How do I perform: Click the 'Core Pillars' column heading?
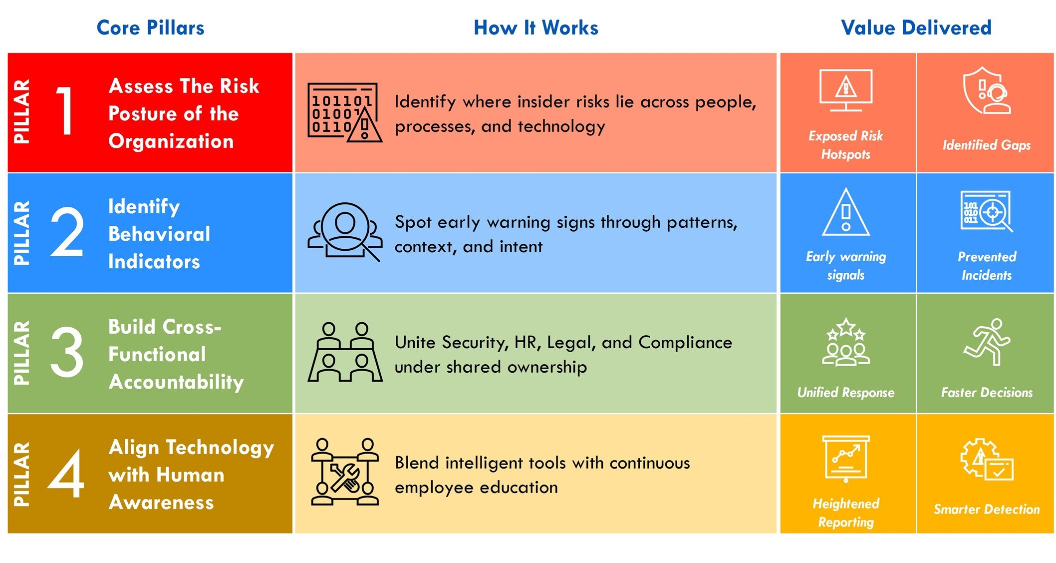click(150, 27)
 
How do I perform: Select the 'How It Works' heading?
click(535, 27)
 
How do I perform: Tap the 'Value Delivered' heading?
click(916, 27)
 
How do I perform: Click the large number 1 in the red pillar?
click(65, 111)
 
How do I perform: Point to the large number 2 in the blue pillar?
click(67, 232)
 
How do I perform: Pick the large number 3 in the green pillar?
click(67, 352)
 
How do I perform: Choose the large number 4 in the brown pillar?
click(66, 473)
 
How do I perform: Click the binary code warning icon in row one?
click(345, 112)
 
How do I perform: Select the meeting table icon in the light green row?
click(345, 352)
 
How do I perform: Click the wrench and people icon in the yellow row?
click(345, 472)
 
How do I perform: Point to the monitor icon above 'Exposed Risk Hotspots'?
click(846, 90)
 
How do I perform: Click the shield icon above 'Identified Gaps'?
click(987, 91)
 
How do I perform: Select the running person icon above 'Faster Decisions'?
click(987, 342)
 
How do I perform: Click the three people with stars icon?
click(846, 342)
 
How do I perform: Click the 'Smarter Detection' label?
click(987, 509)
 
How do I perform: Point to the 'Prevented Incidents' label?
click(987, 266)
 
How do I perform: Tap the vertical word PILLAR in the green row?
click(21, 353)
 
